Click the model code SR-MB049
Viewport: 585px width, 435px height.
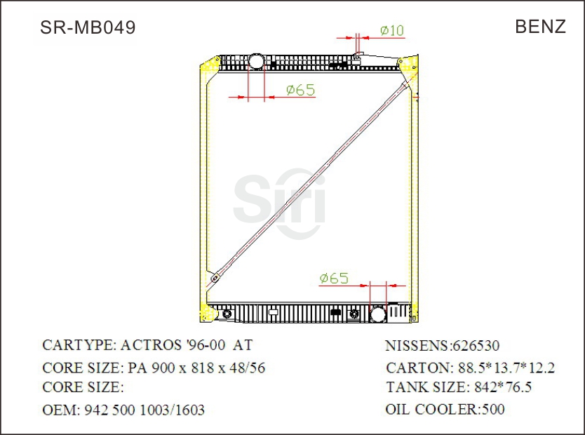point(88,27)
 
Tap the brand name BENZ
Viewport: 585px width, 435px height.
point(540,27)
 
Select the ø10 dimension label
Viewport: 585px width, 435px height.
point(392,30)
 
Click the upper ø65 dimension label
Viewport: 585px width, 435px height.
point(300,90)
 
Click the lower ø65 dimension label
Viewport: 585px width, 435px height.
point(333,279)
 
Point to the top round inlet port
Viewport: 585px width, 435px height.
point(256,60)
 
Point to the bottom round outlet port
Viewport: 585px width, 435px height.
point(378,314)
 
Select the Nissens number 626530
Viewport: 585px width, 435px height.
point(476,346)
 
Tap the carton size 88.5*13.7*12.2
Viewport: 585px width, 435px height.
point(506,368)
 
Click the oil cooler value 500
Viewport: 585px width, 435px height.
point(492,409)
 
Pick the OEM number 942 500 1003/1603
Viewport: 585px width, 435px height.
point(144,410)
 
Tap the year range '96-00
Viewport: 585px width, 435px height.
point(203,345)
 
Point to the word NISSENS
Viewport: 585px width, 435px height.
point(417,346)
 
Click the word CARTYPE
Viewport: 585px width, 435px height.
point(76,345)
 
